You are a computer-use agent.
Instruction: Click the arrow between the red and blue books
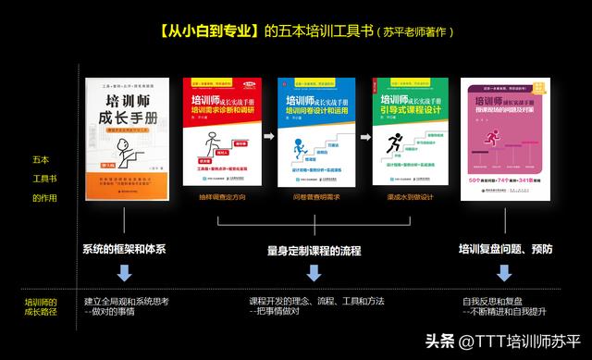269,134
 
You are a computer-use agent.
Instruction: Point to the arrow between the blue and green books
364,134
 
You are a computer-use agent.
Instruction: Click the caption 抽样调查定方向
222,197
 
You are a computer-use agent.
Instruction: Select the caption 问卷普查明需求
315,197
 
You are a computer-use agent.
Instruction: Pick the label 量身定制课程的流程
314,250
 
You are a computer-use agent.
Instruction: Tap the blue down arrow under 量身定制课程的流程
314,273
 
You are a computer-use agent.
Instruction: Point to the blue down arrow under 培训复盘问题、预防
504,273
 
